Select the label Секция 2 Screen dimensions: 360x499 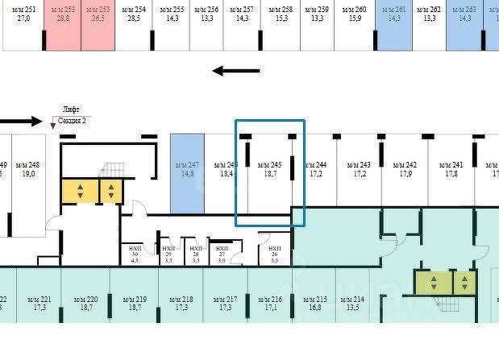click(x=73, y=120)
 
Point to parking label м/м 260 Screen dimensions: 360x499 click(x=355, y=10)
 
